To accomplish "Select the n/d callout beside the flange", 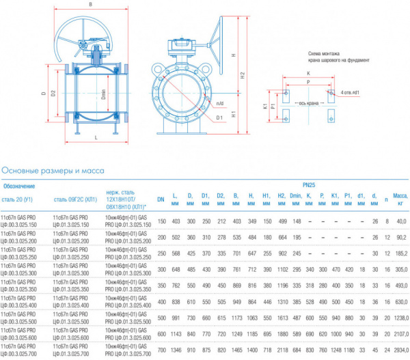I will (219, 104).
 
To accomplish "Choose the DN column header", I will (161, 199).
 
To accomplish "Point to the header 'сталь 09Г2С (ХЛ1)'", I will (74, 199).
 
